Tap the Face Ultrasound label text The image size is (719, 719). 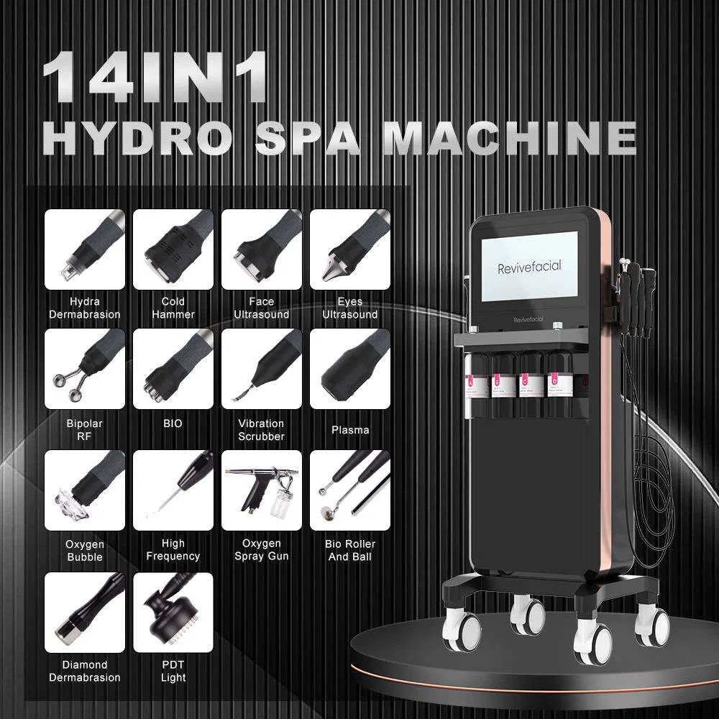click(x=262, y=308)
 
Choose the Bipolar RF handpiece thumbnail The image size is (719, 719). click(x=85, y=369)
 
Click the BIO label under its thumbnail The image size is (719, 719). click(x=173, y=423)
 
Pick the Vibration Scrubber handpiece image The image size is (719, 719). click(x=262, y=369)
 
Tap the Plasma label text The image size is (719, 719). click(x=350, y=430)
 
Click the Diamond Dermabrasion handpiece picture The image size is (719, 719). click(x=85, y=612)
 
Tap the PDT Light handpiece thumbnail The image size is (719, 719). click(x=173, y=612)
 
